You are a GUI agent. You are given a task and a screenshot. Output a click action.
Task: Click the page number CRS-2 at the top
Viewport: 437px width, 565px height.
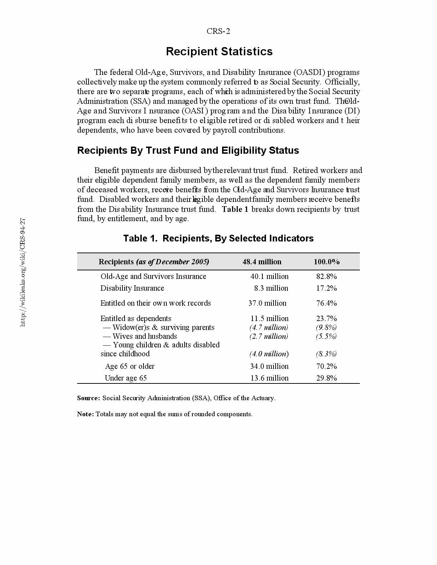218,31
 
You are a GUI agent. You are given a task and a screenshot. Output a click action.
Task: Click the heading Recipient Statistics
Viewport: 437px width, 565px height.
219,52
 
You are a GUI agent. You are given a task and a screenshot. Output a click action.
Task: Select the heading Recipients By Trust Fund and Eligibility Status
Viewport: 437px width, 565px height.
188,151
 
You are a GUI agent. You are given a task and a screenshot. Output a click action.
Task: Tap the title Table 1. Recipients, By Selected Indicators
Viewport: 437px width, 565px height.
218,239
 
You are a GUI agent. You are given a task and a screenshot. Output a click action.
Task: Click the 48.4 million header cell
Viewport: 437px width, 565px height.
262,262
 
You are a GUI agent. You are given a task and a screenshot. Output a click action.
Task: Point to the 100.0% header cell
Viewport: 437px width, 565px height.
327,262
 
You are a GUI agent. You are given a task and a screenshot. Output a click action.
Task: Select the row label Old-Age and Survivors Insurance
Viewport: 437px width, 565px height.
153,276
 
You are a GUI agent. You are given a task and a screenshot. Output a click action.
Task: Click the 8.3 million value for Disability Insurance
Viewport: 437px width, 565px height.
271,288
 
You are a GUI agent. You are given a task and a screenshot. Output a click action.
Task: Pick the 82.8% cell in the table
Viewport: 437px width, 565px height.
326,276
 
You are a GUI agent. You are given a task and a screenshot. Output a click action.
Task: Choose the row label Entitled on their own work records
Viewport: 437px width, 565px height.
155,303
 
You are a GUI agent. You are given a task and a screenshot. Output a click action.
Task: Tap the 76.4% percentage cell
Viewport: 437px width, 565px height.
326,303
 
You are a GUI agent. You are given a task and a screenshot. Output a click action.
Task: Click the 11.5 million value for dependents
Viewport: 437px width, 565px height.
269,319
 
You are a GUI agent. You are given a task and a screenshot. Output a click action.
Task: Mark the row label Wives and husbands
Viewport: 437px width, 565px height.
145,336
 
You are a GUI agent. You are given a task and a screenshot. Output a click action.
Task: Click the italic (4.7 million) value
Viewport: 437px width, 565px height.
268,327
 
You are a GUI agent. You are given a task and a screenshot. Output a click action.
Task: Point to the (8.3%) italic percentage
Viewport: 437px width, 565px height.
326,354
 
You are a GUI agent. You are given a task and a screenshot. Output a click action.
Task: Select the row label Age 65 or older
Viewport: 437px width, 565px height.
130,366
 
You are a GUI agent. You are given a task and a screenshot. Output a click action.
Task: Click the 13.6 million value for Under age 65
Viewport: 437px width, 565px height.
269,378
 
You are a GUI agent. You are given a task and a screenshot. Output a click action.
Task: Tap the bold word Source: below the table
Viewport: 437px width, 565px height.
89,398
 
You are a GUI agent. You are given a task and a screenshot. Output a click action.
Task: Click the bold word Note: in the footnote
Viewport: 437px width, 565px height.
85,414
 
